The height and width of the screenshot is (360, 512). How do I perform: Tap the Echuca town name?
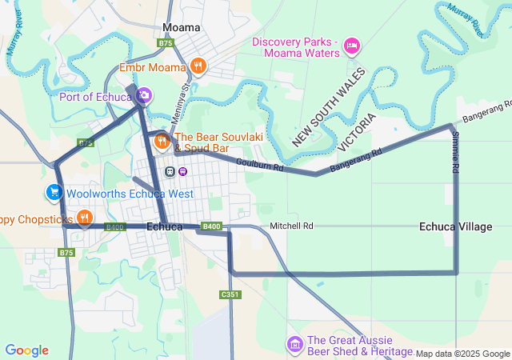[165, 227]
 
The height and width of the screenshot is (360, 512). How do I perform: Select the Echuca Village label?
[455, 227]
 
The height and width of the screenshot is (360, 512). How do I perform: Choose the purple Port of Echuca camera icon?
[144, 97]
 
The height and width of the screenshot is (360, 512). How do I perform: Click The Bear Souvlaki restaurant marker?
[162, 142]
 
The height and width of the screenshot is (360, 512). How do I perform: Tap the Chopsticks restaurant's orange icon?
[84, 218]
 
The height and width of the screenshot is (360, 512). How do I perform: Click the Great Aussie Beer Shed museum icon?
[294, 345]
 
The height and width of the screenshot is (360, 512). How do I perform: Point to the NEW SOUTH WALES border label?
[328, 107]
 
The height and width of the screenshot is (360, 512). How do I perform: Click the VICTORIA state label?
[357, 132]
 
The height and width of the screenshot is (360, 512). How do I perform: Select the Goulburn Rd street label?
[260, 167]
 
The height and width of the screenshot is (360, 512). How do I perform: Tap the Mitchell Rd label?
[291, 226]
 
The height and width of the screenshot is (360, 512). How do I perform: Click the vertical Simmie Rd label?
[455, 154]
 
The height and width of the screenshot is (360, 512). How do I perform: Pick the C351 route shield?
[229, 295]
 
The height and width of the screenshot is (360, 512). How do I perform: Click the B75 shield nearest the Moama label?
[166, 42]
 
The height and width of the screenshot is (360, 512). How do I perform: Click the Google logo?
[26, 350]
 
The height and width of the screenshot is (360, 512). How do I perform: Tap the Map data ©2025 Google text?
[462, 354]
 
